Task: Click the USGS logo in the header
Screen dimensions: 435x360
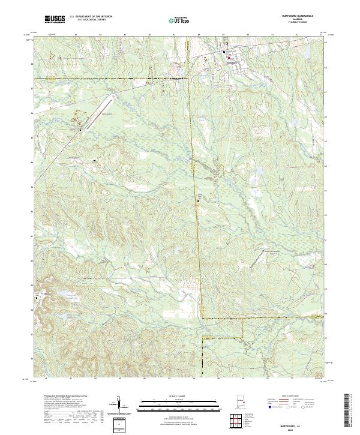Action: click(x=55, y=19)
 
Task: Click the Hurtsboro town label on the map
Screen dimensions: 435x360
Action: click(x=232, y=61)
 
